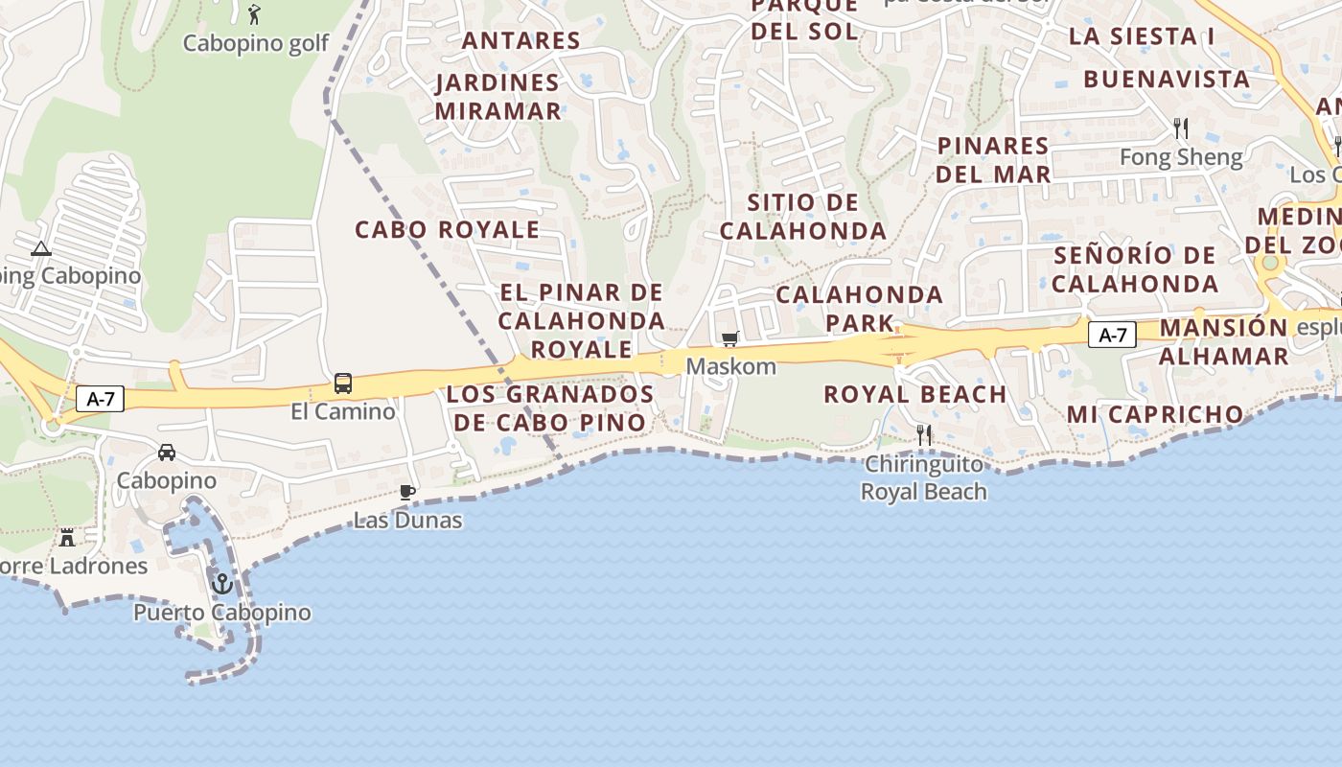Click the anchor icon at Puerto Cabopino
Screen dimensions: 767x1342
(222, 582)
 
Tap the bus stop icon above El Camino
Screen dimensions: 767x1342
(343, 383)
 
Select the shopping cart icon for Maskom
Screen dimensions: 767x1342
(730, 338)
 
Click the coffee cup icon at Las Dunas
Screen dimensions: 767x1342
(407, 493)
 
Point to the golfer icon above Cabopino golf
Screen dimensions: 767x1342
(254, 14)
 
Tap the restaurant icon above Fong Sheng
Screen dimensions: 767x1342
(1181, 128)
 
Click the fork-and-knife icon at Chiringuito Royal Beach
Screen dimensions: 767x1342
(924, 435)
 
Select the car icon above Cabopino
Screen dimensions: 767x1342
(167, 452)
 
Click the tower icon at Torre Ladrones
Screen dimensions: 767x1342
(67, 537)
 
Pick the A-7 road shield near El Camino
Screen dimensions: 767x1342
(101, 399)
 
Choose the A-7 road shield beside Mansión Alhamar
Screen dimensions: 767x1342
(1112, 336)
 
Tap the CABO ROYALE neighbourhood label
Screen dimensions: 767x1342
(447, 230)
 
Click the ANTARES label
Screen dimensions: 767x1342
(521, 40)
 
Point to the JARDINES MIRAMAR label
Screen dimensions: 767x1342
(497, 97)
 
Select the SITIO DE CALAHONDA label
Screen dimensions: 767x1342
(803, 217)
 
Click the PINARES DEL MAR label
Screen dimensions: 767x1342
(993, 159)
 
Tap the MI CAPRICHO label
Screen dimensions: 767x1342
(1155, 414)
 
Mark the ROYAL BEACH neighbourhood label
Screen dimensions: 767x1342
(914, 394)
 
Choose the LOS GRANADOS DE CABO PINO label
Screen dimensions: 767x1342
(550, 408)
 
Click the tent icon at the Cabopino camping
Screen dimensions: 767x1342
(40, 249)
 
